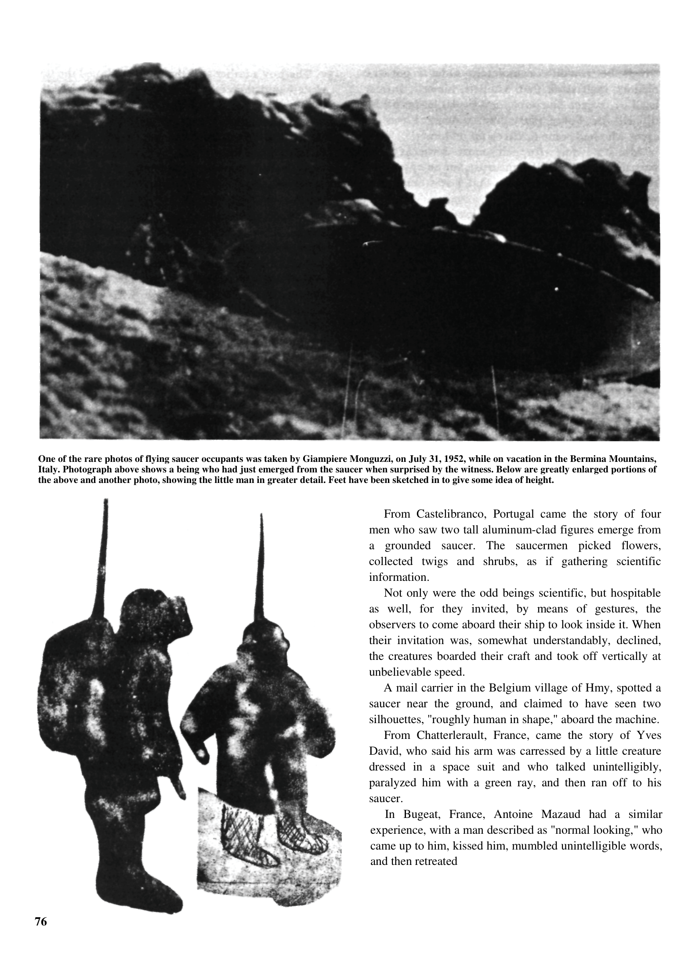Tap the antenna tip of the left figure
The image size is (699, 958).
(106, 502)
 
